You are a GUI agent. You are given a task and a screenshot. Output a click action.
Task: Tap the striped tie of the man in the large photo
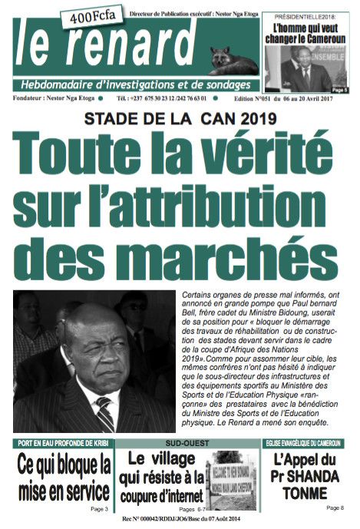[x=104, y=413]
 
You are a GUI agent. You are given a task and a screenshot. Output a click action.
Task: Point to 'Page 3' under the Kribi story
[x=99, y=509]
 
